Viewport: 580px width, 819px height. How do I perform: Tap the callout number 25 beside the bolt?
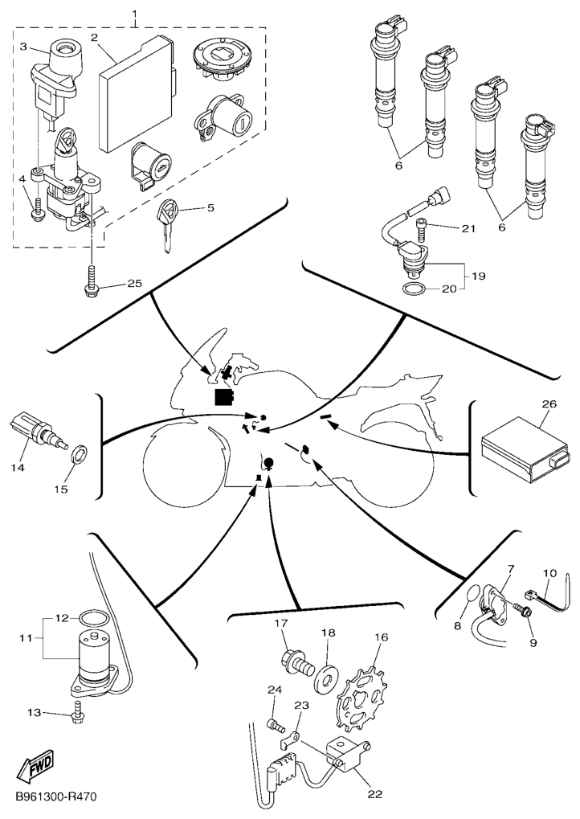pos(133,284)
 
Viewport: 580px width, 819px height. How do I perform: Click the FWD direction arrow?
pos(35,771)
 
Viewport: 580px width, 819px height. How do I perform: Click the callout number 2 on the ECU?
pos(94,38)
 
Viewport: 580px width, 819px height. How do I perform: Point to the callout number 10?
pos(550,574)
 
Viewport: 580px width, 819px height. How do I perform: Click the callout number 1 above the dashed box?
pos(134,15)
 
